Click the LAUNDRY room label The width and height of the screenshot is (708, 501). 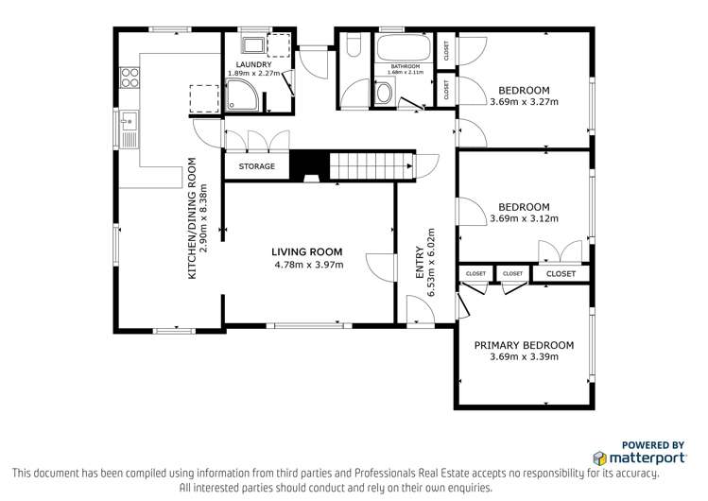[x=252, y=64]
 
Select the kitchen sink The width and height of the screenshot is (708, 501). [x=129, y=128]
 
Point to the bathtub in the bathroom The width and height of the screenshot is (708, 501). [x=402, y=48]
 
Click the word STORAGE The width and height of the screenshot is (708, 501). [x=256, y=166]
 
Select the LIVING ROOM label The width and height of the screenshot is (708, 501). [x=306, y=251]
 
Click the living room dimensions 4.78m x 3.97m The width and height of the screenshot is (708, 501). [x=306, y=265]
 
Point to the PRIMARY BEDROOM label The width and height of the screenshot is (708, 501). [x=524, y=345]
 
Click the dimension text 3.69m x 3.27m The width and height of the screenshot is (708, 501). [x=524, y=102]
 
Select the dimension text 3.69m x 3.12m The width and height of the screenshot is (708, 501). [x=524, y=218]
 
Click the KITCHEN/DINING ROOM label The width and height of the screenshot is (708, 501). [x=192, y=217]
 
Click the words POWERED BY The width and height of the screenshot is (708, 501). [x=652, y=443]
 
